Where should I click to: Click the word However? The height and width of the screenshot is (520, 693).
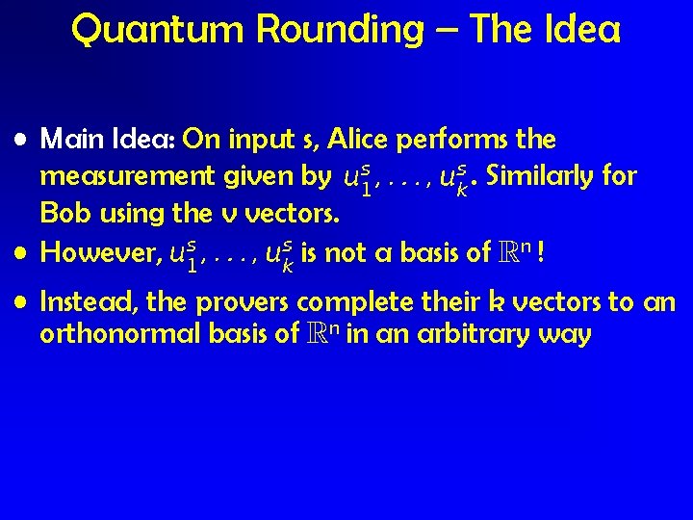click(98, 253)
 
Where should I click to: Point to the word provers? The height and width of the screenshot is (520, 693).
click(244, 304)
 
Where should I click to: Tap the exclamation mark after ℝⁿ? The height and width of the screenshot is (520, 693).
click(545, 253)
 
